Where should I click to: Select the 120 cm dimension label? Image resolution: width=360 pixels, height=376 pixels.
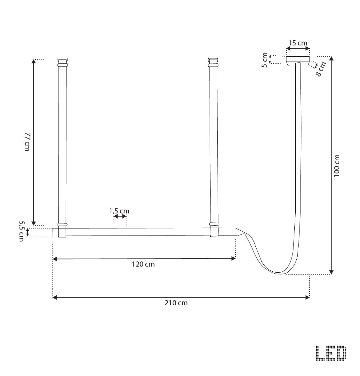pyautogui.click(x=143, y=264)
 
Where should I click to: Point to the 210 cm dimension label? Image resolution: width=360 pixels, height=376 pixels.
pyautogui.click(x=176, y=303)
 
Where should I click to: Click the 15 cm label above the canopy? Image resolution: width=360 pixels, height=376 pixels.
pyautogui.click(x=298, y=43)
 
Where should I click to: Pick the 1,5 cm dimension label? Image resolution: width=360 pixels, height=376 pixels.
pyautogui.click(x=119, y=211)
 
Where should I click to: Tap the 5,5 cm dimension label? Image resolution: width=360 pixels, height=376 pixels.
pyautogui.click(x=21, y=231)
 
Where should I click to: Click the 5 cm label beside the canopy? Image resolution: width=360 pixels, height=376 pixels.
pyautogui.click(x=265, y=60)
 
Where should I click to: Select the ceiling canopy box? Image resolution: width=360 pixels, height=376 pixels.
pyautogui.click(x=298, y=61)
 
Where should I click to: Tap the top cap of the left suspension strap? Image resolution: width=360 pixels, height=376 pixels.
pyautogui.click(x=62, y=60)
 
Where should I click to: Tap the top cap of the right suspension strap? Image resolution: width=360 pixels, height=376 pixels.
pyautogui.click(x=213, y=60)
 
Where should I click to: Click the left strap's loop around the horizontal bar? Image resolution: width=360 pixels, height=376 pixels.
pyautogui.click(x=62, y=231)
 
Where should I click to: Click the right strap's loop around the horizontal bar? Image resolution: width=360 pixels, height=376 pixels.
pyautogui.click(x=214, y=231)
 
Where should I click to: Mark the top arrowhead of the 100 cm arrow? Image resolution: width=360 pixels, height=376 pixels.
pyautogui.click(x=332, y=59)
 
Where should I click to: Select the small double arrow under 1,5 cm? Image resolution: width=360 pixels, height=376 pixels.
pyautogui.click(x=120, y=217)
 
